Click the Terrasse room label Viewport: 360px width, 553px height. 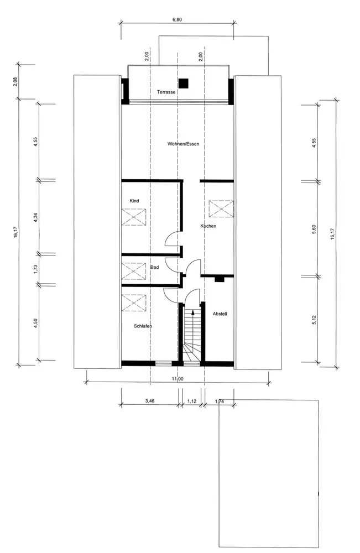166,92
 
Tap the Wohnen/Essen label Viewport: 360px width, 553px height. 184,144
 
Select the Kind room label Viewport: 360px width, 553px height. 134,201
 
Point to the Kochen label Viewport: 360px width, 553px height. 208,226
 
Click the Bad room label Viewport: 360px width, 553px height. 154,267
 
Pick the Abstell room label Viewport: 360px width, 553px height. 220,314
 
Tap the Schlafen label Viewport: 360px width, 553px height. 143,326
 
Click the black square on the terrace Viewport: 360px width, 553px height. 183,84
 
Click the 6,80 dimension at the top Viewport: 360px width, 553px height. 177,20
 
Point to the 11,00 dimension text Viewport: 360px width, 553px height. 178,379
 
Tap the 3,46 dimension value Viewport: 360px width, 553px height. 150,401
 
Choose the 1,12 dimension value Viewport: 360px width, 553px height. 192,401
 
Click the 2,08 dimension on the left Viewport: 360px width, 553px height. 15,82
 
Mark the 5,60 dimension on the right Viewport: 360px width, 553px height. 314,229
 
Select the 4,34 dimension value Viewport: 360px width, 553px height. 35,217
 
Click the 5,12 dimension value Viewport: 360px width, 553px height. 314,320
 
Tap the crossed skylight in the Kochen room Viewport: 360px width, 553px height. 221,209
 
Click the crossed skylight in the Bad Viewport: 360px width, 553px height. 134,271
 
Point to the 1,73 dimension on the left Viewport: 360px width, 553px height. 35,269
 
